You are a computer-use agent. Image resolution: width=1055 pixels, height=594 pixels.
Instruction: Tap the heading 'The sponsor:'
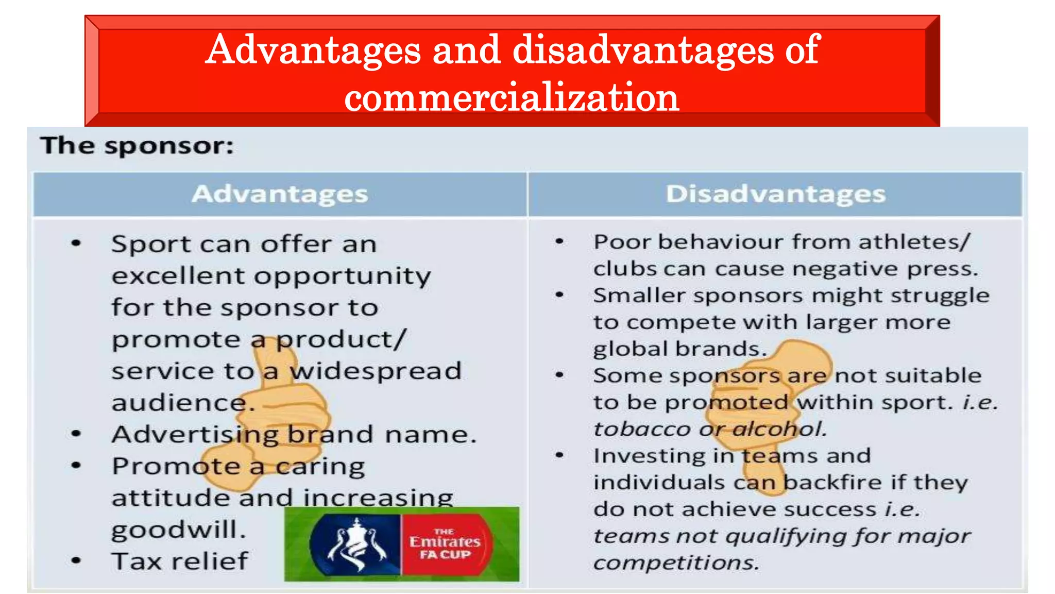click(137, 146)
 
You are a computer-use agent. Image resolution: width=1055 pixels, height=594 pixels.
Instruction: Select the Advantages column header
click(280, 194)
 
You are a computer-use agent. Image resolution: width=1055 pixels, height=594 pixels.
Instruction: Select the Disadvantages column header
click(775, 194)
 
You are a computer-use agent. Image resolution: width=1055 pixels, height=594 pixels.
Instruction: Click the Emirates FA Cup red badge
click(445, 544)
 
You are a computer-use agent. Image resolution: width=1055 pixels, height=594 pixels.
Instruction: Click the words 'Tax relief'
click(180, 561)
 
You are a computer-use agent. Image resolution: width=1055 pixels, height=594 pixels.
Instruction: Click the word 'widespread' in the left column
click(375, 371)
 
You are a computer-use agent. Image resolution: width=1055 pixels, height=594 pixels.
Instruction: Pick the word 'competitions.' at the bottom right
click(676, 563)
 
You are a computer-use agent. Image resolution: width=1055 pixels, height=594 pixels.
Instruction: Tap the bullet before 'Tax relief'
click(76, 561)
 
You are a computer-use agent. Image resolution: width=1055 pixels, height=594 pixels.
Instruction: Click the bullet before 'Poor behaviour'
click(559, 241)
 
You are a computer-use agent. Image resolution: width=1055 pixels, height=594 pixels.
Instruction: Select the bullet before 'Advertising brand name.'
click(76, 434)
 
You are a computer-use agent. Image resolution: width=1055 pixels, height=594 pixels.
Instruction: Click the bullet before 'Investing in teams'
click(559, 455)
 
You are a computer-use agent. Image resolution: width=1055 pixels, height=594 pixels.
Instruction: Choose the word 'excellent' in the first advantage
click(179, 276)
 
